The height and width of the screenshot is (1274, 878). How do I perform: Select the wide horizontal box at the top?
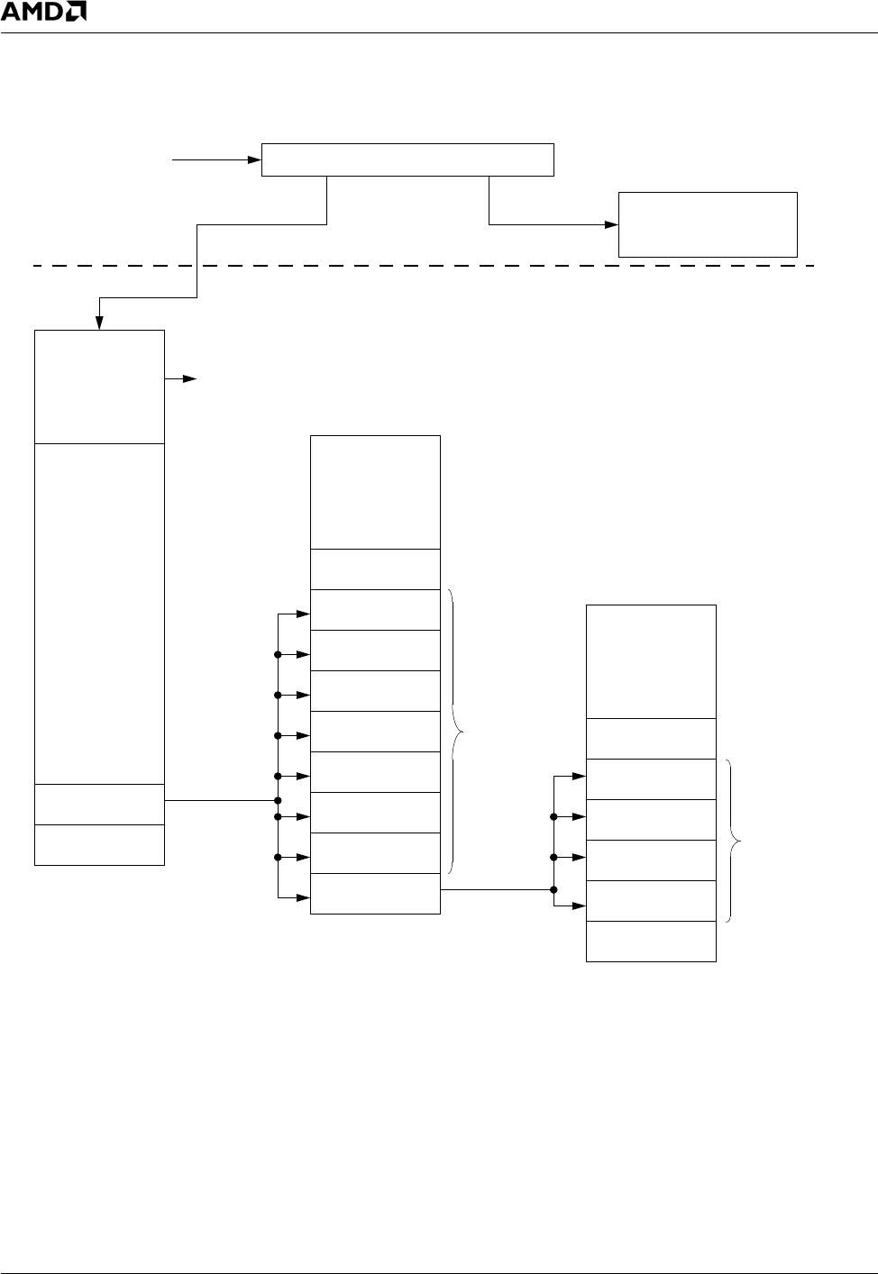click(407, 159)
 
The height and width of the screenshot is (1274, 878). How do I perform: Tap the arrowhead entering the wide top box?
click(253, 160)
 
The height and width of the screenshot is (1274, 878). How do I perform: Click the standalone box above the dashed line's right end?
click(708, 224)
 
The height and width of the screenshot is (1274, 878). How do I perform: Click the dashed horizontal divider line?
click(424, 266)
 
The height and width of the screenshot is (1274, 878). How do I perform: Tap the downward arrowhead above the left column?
click(100, 323)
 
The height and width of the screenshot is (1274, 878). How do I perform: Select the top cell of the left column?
click(99, 387)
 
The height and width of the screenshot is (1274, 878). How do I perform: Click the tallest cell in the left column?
click(99, 613)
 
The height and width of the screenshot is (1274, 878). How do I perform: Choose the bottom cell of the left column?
click(99, 845)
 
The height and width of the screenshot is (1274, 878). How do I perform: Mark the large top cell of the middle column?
click(375, 492)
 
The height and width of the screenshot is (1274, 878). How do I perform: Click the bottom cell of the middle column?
click(375, 894)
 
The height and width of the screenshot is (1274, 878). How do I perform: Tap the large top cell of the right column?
click(651, 661)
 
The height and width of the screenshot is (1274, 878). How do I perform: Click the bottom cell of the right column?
click(651, 942)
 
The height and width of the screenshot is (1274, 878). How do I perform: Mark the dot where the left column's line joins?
click(279, 800)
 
